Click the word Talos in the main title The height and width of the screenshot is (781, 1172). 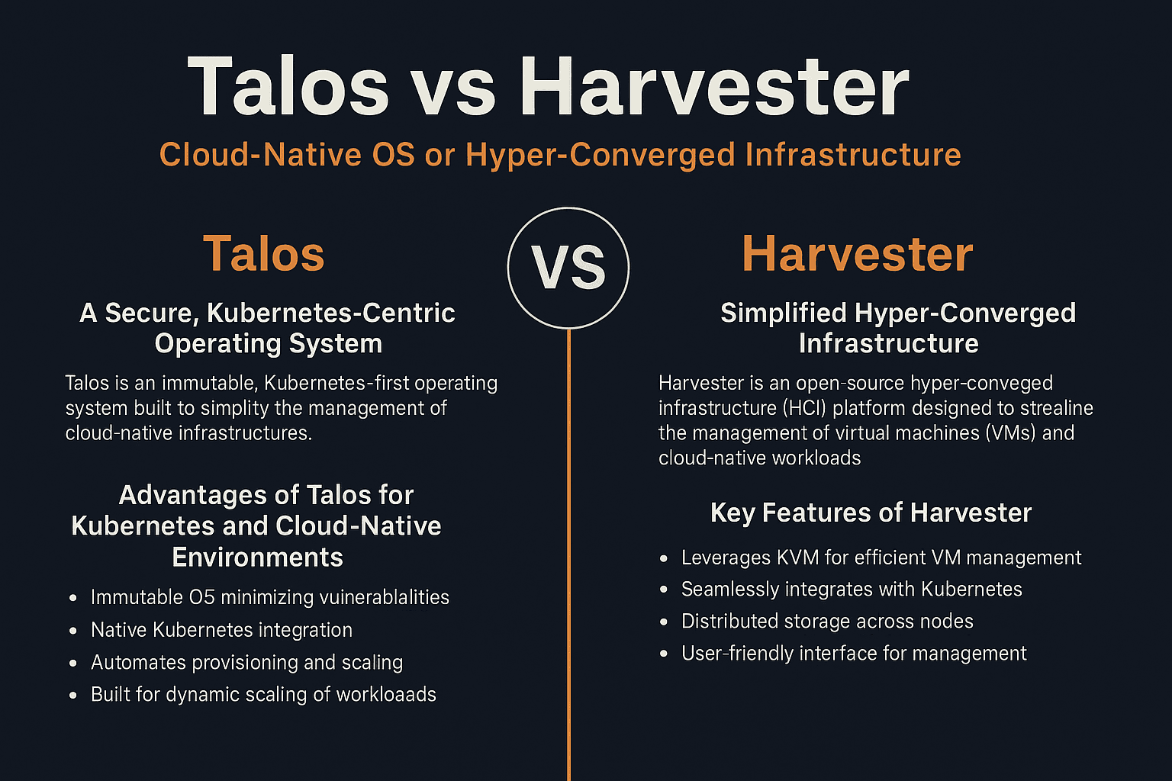(x=288, y=87)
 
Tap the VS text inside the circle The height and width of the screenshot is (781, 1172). (x=568, y=268)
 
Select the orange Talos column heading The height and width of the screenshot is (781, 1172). (x=263, y=254)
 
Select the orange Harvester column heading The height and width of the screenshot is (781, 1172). (x=857, y=254)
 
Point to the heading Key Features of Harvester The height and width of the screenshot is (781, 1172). (x=871, y=513)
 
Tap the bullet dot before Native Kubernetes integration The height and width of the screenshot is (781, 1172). (x=73, y=631)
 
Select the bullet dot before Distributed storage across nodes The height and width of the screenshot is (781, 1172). (x=664, y=622)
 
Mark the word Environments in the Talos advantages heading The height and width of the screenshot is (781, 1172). (x=257, y=558)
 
